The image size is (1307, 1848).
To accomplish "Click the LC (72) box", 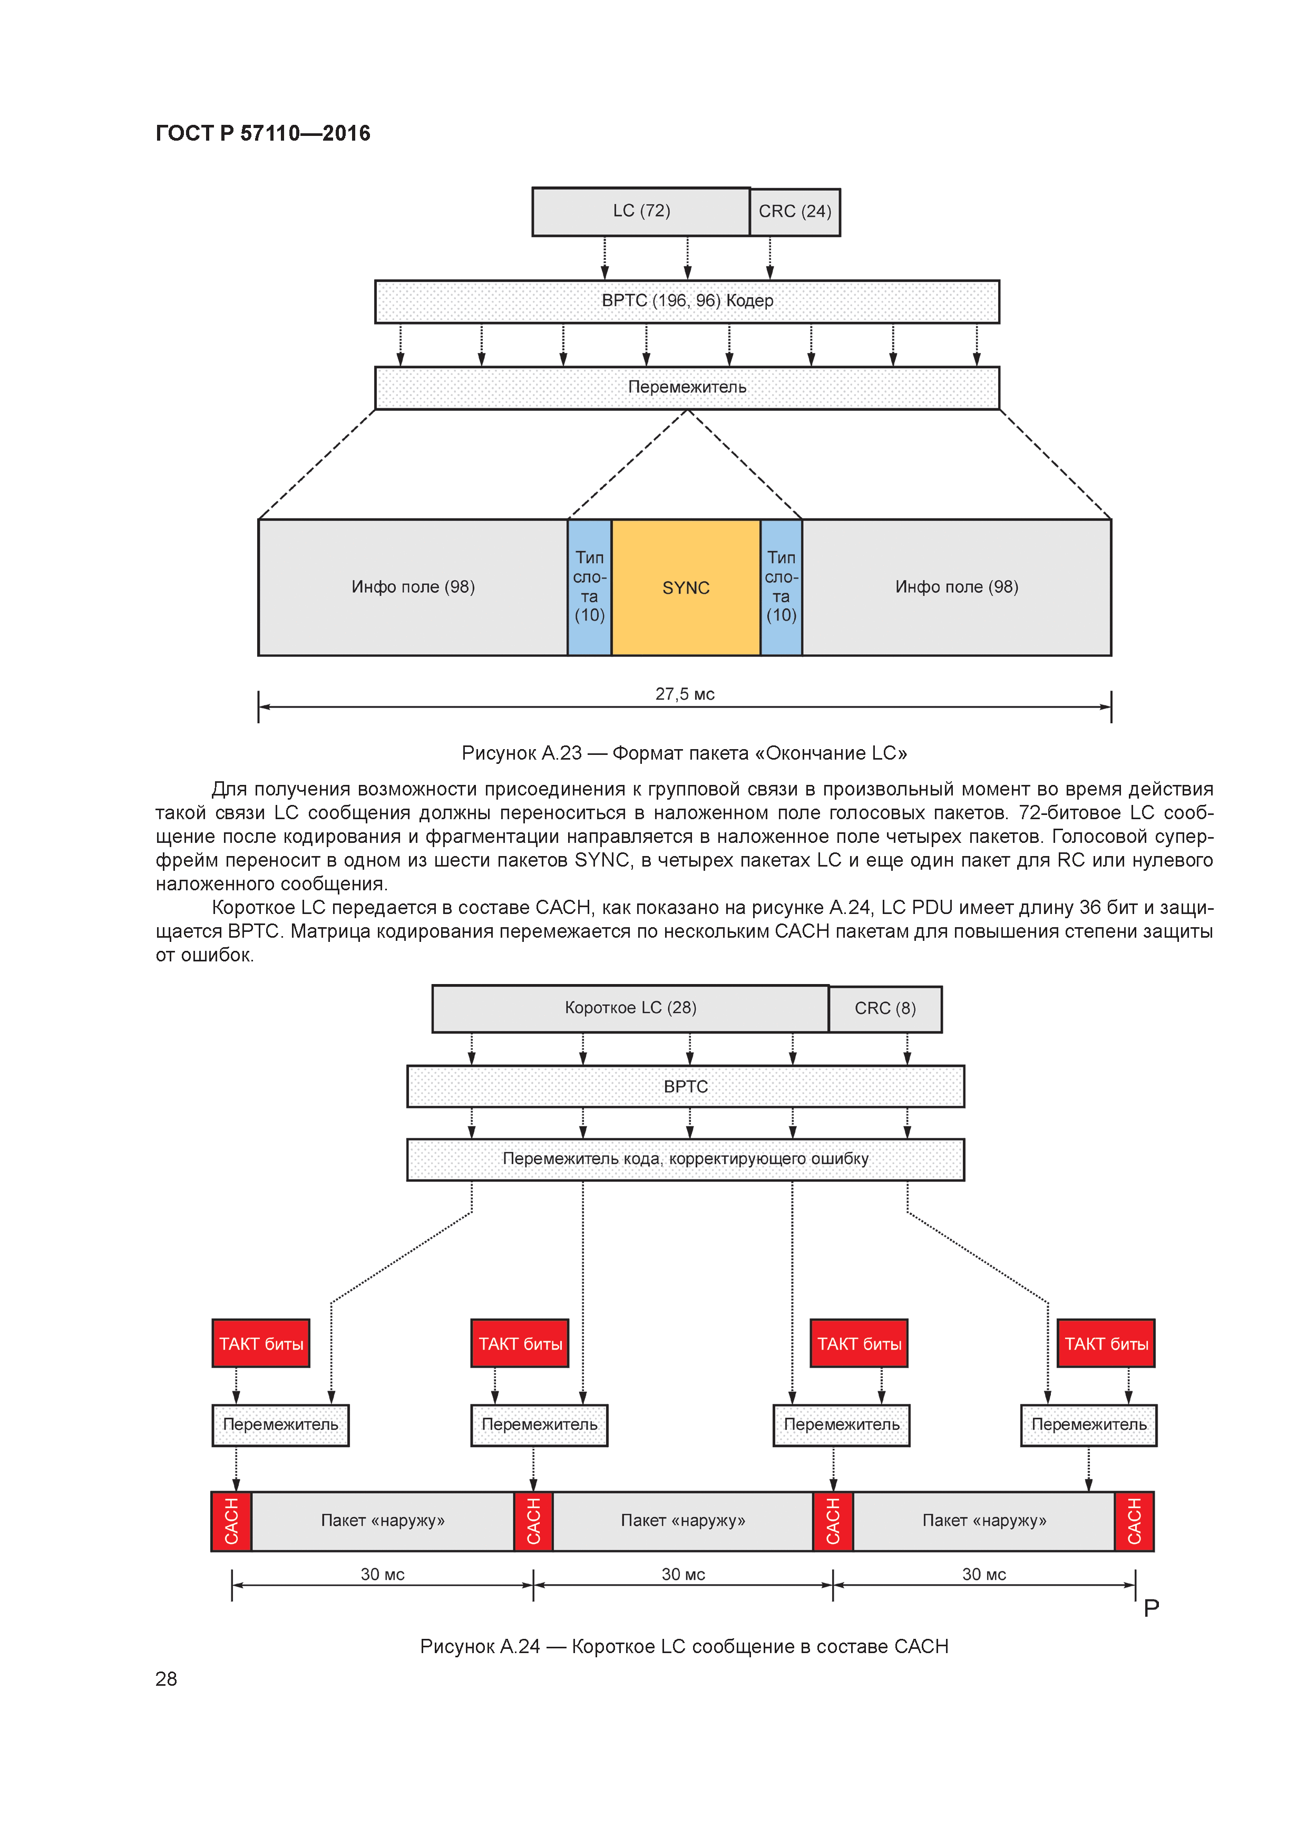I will (x=640, y=212).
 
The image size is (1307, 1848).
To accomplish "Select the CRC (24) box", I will (x=794, y=212).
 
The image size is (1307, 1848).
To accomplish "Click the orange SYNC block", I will (x=685, y=587).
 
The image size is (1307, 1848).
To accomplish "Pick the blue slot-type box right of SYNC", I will (x=781, y=587).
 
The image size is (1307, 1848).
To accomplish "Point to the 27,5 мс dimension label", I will (x=685, y=694).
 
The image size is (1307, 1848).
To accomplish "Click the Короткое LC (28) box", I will (x=630, y=1008).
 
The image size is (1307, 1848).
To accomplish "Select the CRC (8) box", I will (x=884, y=1008).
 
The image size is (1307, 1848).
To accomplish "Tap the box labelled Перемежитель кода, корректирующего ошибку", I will (x=685, y=1159).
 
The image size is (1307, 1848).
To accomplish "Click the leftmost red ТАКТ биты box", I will (x=261, y=1343).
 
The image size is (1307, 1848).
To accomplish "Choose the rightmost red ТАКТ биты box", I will (x=1106, y=1343).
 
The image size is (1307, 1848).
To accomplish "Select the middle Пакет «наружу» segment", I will (x=683, y=1520).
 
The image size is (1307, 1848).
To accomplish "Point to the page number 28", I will (x=166, y=1678).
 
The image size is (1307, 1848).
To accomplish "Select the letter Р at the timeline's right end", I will (x=1151, y=1608).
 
